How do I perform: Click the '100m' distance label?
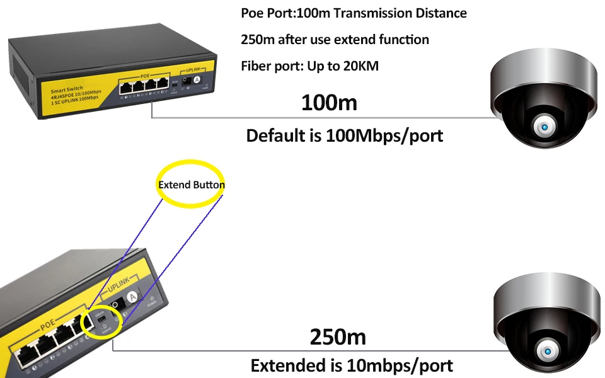[328, 101]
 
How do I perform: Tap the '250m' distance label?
[338, 336]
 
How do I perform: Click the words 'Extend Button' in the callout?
[191, 185]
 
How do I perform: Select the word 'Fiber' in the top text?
[256, 66]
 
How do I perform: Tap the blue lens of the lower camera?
[546, 350]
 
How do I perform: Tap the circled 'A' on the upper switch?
[196, 80]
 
